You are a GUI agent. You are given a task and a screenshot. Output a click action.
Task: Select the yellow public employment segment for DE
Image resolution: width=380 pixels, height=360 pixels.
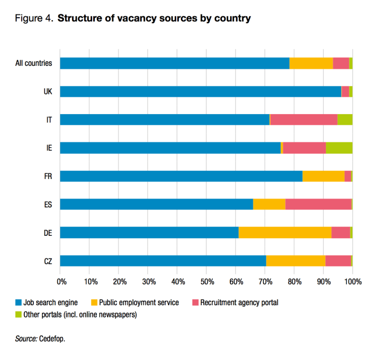coord(285,232)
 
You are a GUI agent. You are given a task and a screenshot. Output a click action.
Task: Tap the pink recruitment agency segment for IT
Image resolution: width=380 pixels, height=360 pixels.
coord(304,120)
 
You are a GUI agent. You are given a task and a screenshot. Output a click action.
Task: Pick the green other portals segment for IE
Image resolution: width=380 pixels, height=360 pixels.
coord(339,148)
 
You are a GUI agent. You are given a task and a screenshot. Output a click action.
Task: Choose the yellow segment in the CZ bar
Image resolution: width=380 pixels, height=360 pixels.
coord(295,261)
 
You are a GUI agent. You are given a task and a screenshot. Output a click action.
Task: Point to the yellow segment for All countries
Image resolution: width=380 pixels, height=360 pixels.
coord(311,63)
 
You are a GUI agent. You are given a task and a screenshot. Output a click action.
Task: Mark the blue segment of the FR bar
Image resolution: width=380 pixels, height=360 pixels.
coord(181,176)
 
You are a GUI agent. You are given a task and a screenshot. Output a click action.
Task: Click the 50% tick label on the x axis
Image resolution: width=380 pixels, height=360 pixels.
coord(206,281)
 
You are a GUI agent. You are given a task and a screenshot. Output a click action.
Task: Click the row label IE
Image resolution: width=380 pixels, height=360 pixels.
coord(49,148)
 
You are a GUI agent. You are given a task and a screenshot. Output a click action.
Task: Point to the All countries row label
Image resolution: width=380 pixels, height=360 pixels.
coord(34,63)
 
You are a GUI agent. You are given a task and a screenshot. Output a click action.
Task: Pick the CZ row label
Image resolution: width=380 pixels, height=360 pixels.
coord(48,261)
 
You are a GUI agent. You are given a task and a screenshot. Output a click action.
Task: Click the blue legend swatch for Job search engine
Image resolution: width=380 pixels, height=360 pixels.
coord(19,303)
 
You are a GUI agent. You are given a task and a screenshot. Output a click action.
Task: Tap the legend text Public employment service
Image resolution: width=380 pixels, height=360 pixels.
coord(138,303)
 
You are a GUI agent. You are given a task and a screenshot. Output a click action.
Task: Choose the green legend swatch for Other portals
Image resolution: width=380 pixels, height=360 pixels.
coord(19,315)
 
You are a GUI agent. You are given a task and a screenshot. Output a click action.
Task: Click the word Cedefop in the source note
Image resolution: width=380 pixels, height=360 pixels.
coord(52,339)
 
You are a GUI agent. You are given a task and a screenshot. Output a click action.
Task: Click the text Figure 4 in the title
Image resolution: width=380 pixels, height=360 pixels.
coord(34,19)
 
